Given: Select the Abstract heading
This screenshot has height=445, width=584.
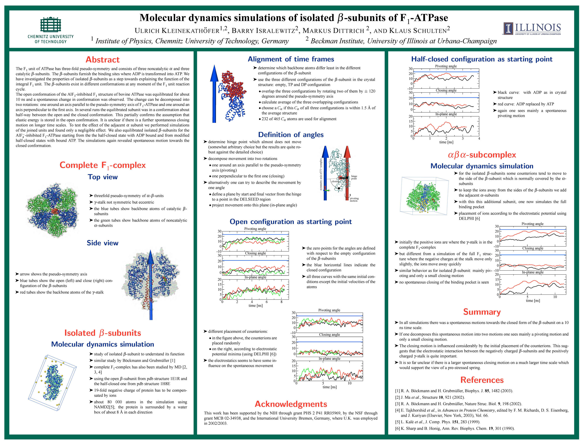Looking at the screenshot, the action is click(103, 60).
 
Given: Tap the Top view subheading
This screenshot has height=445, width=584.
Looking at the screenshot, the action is click(103, 177).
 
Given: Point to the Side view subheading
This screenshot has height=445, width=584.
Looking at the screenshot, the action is click(103, 243).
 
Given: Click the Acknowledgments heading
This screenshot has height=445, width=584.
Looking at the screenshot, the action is click(291, 404).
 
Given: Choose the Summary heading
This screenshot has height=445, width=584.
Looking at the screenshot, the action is click(482, 312).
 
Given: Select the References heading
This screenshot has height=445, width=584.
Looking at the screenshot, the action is click(482, 380).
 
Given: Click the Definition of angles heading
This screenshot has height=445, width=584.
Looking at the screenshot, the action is click(291, 135).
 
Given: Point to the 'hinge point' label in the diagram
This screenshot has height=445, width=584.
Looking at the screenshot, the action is click(354, 177).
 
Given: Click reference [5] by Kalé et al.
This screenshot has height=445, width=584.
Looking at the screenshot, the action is click(438, 422).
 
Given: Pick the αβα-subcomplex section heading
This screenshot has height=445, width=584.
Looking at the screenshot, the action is click(482, 155).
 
